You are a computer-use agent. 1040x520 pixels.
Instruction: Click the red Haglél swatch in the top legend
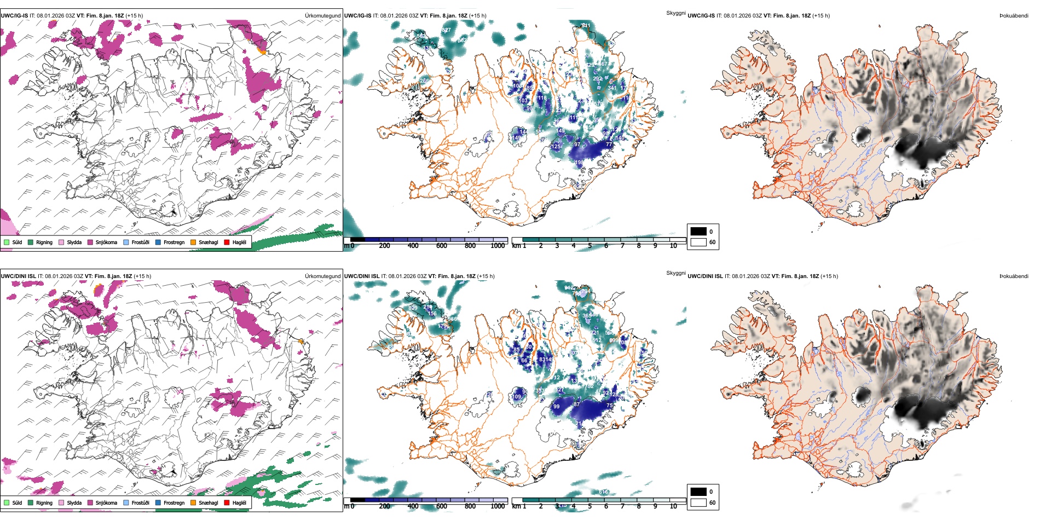(227, 242)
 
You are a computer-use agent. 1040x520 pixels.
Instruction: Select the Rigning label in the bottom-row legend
(44, 502)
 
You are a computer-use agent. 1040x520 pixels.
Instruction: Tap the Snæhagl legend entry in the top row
(208, 242)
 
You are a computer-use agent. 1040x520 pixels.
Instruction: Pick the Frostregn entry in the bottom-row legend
(174, 502)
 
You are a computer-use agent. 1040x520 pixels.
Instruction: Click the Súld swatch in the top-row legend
(7, 242)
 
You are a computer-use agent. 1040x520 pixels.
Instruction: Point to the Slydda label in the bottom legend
(74, 502)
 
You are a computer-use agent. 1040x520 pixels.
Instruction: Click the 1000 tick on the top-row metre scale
(498, 246)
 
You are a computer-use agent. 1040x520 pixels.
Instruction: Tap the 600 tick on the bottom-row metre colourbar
(441, 506)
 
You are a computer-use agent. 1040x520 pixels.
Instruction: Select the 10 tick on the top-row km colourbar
(673, 246)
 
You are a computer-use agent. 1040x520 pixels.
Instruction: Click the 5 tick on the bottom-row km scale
(590, 506)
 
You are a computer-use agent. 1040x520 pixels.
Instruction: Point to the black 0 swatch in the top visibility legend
(698, 232)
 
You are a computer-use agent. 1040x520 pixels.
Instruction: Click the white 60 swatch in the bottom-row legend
(698, 502)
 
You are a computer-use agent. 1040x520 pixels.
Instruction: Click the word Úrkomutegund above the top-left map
(323, 16)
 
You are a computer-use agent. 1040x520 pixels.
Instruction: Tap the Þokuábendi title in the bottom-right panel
(1014, 276)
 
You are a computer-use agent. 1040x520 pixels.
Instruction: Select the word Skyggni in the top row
(675, 13)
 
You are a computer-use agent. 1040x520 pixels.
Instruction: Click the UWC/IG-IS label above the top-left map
(14, 16)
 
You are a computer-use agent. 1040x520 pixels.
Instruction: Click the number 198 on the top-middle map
(579, 163)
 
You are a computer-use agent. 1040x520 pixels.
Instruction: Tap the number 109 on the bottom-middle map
(516, 397)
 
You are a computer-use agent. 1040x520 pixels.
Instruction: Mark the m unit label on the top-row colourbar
(346, 246)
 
